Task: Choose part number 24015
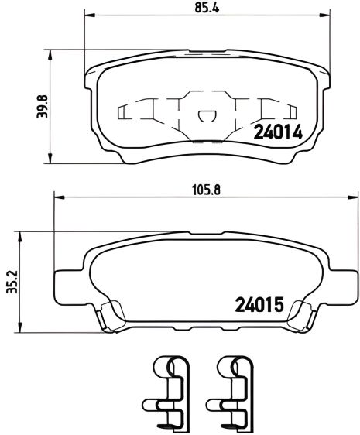tap(258, 304)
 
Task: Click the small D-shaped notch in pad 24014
tap(205, 117)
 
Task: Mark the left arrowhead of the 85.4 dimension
tap(87, 16)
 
